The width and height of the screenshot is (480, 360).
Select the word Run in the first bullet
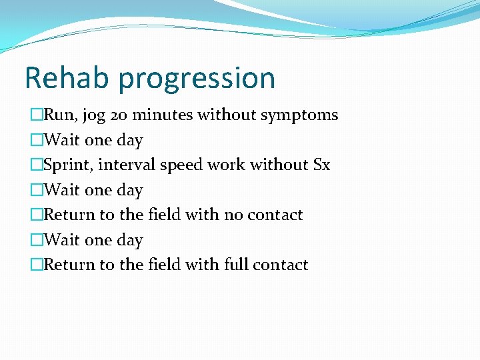click(61, 115)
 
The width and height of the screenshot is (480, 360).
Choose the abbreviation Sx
click(321, 165)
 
